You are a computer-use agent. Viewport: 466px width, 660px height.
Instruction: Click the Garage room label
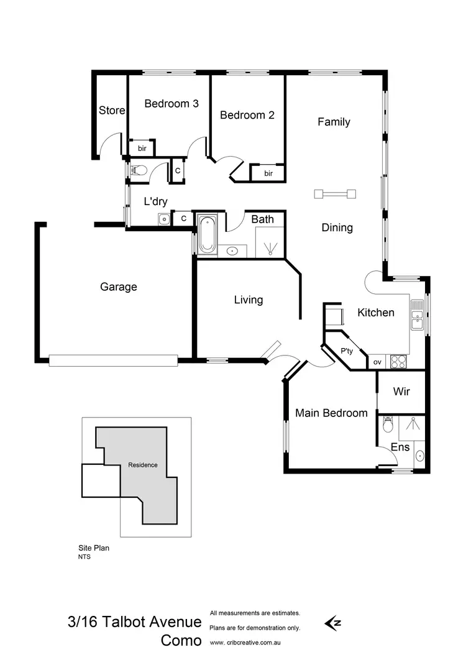point(119,287)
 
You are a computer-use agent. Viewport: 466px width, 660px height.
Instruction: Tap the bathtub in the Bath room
point(207,234)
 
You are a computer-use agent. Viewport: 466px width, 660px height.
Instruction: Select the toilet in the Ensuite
point(388,425)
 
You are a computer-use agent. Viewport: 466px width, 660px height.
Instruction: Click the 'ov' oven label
point(377,362)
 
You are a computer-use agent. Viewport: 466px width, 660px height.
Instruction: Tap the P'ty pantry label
point(347,351)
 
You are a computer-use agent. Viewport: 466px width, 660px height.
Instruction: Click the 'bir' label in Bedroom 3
point(142,149)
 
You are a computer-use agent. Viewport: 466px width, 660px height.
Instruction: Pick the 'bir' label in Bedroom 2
point(268,173)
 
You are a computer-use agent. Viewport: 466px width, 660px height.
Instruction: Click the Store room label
point(112,111)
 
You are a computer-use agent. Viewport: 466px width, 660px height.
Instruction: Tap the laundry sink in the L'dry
point(163,218)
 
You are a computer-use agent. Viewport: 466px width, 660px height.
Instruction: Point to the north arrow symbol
point(332,622)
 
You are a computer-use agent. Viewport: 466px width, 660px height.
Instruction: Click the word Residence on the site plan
point(143,465)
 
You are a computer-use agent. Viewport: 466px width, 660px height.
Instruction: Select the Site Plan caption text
point(93,548)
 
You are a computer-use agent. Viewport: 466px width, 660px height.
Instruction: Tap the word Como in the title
point(181,641)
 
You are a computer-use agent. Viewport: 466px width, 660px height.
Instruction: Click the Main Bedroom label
point(331,413)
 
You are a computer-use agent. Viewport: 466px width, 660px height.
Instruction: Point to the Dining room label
point(337,227)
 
